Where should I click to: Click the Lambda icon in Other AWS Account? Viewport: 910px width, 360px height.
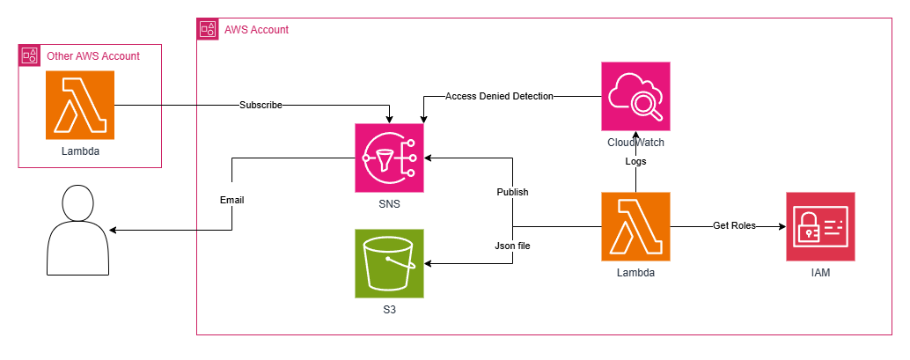80,105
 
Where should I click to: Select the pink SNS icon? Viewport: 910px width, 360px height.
389,158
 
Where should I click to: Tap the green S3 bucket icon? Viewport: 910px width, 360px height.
389,263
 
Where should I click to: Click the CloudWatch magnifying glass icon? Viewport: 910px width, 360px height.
635,97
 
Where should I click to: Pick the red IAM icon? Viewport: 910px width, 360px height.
820,226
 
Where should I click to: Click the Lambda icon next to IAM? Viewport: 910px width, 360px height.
635,226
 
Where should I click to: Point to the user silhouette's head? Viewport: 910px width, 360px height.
77,202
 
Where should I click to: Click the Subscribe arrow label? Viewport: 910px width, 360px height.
261,105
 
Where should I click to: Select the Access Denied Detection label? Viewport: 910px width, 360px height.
499,97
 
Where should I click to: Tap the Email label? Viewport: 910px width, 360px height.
232,201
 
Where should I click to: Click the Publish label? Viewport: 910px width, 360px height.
512,192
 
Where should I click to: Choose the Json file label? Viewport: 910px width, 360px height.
512,246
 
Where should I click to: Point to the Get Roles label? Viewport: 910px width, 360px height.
734,226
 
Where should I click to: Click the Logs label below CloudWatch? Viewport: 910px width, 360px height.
635,161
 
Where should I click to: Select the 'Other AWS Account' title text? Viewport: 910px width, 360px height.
93,56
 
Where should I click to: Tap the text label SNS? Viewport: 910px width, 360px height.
389,204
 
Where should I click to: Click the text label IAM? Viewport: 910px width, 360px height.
820,272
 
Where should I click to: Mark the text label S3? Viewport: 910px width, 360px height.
389,310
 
